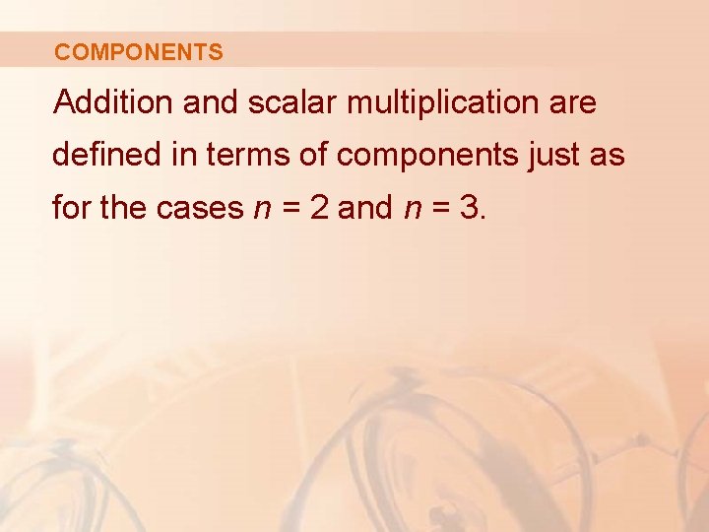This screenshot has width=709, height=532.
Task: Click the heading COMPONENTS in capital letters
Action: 139,52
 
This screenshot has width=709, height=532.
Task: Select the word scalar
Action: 288,102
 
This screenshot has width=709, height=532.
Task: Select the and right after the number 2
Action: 365,208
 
